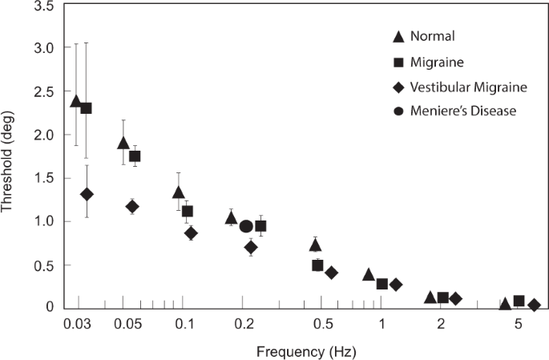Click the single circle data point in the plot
point(246,226)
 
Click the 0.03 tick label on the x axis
point(78,323)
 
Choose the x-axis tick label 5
point(519,323)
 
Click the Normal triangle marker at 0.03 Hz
point(76,101)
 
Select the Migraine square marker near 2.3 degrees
point(87,108)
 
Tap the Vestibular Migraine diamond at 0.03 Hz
point(87,194)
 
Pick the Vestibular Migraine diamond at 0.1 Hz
point(191,233)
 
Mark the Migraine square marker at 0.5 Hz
point(317,265)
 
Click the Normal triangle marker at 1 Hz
point(369,275)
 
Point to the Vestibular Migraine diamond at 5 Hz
point(534,305)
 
